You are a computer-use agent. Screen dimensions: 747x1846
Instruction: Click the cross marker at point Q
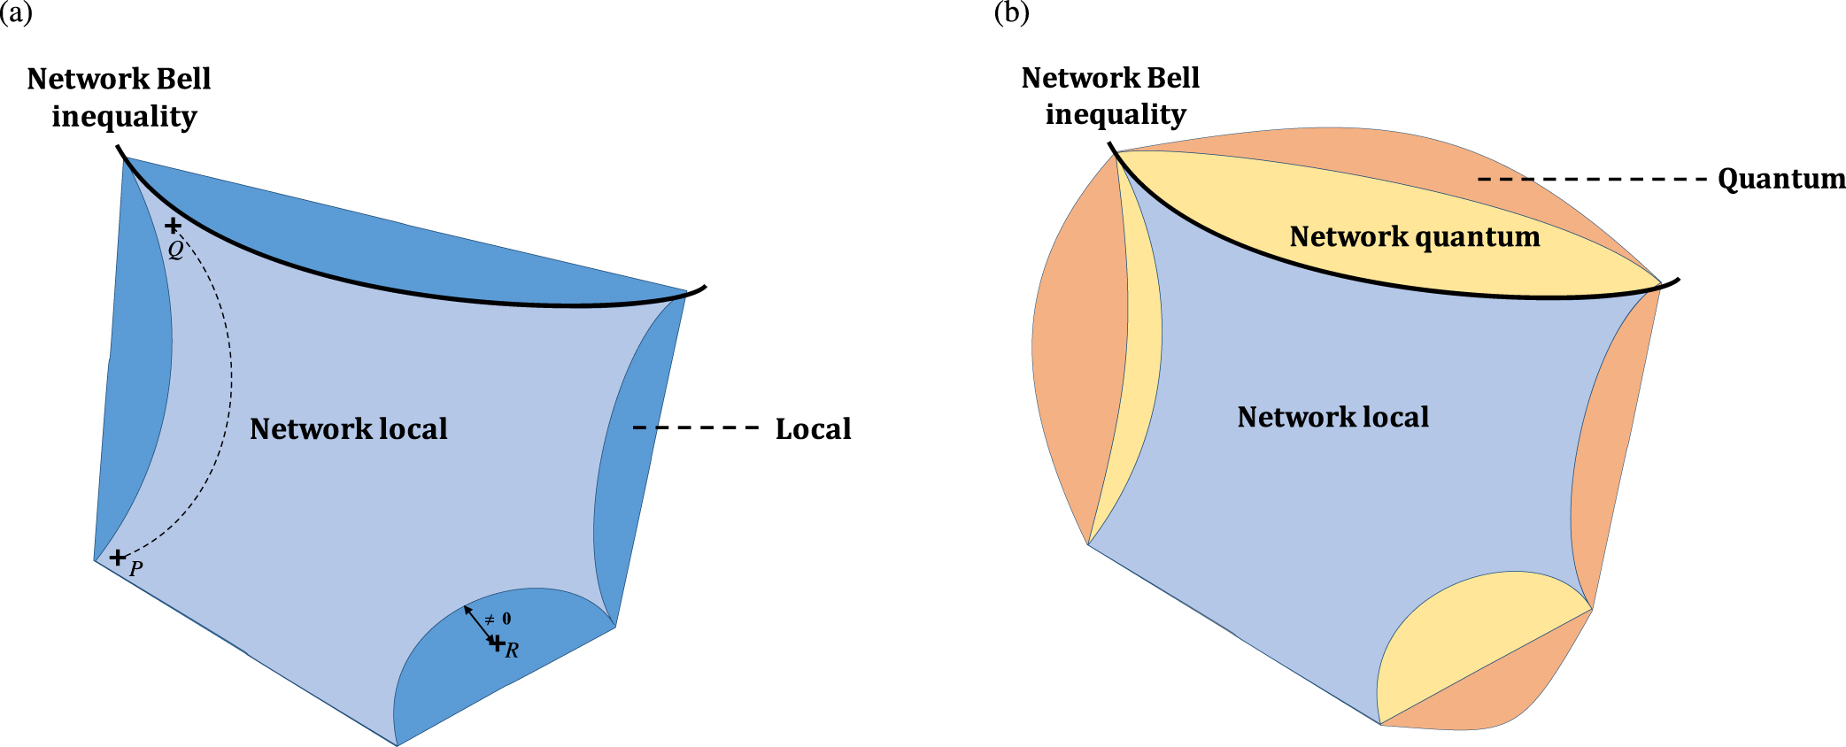pos(173,226)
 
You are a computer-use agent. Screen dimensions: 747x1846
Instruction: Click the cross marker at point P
pos(117,557)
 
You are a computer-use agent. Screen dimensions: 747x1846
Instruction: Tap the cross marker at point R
pos(497,643)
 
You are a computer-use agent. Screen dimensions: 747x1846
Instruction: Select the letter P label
pos(135,569)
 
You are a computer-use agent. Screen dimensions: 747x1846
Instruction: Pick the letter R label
pos(512,651)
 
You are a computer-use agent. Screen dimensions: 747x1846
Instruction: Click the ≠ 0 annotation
pos(498,619)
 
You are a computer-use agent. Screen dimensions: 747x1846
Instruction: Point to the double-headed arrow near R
pos(480,624)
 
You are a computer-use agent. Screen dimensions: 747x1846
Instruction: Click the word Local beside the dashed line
pos(813,429)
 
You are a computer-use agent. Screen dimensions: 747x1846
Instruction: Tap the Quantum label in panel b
pos(1780,179)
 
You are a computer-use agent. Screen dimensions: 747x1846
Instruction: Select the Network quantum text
pos(1414,237)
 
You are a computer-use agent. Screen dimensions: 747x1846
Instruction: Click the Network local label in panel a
pos(348,429)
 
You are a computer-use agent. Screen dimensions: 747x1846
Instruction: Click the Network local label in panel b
pos(1332,417)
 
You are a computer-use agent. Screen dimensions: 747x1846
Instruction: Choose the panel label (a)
pos(16,12)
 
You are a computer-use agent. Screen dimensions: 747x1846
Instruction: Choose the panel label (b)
pos(1011,12)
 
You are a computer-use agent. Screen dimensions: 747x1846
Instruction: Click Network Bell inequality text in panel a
pos(120,97)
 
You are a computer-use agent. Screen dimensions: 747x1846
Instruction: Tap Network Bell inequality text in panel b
pos(1111,96)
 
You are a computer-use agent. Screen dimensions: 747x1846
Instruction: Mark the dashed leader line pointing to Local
pos(696,428)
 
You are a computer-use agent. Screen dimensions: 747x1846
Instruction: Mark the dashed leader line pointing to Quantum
pos(1592,180)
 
